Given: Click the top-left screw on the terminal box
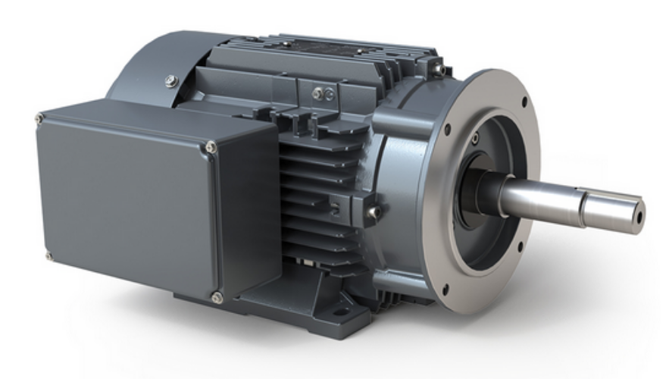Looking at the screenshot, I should [x=39, y=118].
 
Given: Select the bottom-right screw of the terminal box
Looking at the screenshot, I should [x=217, y=298].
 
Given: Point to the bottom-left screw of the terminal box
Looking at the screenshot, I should [x=49, y=256].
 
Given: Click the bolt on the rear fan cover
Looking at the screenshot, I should [x=172, y=80].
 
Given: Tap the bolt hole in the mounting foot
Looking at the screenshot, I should [x=339, y=311].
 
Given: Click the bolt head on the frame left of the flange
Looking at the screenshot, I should [x=372, y=213].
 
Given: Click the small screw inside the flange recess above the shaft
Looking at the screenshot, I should [x=475, y=139].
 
